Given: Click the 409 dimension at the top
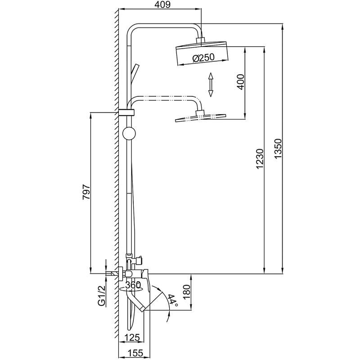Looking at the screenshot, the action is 162,4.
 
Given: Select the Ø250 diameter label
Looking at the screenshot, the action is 203,58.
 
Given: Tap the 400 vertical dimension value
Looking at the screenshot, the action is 241,82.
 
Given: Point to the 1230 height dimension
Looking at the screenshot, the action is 260,159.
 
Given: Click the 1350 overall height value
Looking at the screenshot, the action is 278,148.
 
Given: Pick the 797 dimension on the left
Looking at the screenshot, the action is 86,192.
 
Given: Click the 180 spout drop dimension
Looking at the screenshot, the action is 187,292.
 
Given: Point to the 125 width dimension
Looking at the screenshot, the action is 132,337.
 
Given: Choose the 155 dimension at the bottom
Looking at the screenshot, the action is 135,352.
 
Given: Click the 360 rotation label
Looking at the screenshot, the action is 133,285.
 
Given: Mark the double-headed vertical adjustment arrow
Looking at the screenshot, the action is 211,85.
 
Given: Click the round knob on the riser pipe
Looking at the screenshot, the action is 130,133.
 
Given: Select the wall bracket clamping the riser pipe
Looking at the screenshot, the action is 126,112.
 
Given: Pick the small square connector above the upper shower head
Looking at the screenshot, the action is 200,40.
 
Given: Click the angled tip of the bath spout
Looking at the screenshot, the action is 143,309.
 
